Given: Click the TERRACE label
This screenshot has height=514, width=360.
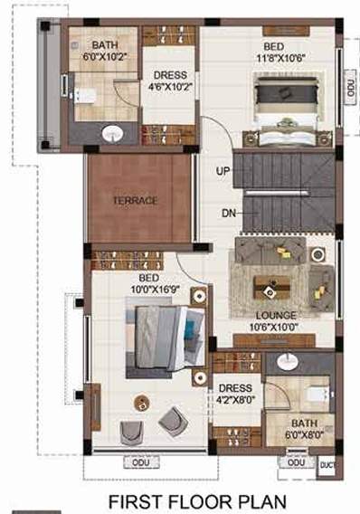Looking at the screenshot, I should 136,200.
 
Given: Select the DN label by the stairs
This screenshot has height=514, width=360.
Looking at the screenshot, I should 229,214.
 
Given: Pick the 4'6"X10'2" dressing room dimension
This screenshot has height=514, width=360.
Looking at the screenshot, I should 170,88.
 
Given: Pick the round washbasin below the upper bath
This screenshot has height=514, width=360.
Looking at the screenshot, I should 112,134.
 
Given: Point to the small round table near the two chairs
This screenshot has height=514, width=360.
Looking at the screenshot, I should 141,400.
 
